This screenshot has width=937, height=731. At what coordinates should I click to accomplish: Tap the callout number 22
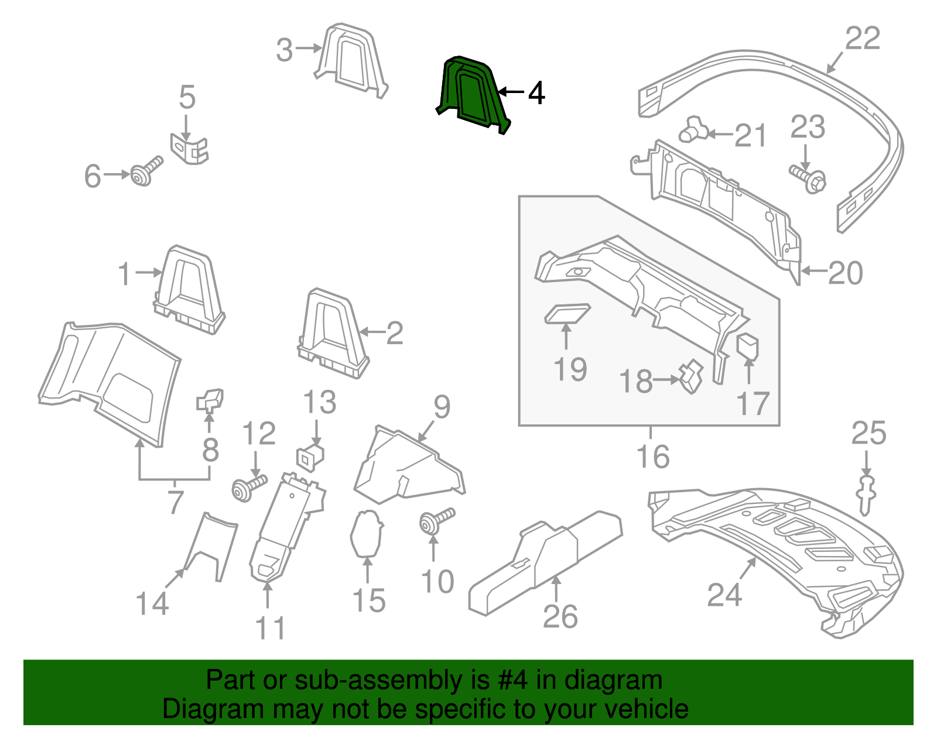[863, 39]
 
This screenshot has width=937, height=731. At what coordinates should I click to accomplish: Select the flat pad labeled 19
[566, 313]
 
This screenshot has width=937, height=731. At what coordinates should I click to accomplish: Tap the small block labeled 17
[747, 346]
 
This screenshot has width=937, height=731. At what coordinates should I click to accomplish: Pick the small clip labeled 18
[691, 376]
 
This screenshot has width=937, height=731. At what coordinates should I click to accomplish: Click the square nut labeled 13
[310, 457]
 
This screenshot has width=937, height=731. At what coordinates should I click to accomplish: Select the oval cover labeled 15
[366, 533]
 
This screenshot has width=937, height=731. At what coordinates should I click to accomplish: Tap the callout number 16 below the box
[652, 457]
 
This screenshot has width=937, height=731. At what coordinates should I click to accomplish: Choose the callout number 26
[560, 617]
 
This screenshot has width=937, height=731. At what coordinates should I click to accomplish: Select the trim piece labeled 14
[211, 544]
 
